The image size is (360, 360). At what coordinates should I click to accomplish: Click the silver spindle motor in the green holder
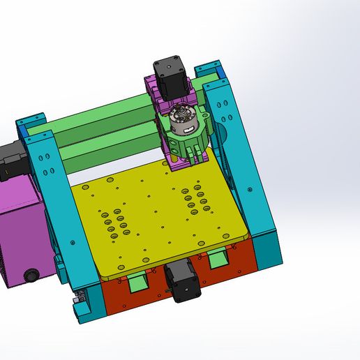click(183, 120)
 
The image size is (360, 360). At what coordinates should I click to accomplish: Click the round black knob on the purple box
click(31, 276)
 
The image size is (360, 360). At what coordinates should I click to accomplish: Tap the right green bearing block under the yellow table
click(218, 260)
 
